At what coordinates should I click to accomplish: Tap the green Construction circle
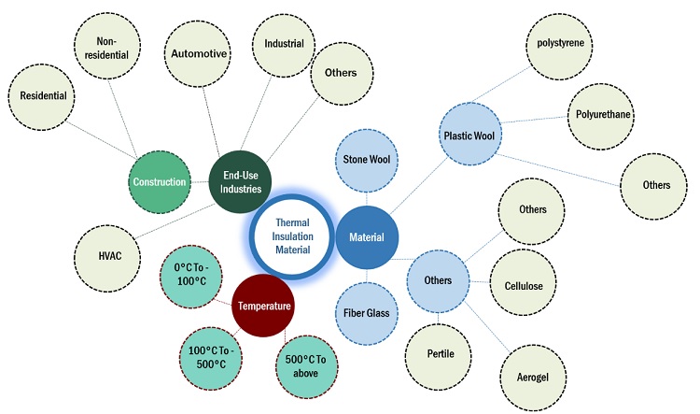160,181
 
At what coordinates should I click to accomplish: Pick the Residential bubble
43,96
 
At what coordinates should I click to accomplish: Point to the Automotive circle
198,54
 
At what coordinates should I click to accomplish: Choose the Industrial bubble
284,45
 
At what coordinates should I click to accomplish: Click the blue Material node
366,237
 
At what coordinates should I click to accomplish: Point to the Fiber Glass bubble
366,313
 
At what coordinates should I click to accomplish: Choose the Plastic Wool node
474,134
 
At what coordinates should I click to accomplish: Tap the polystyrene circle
560,43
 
